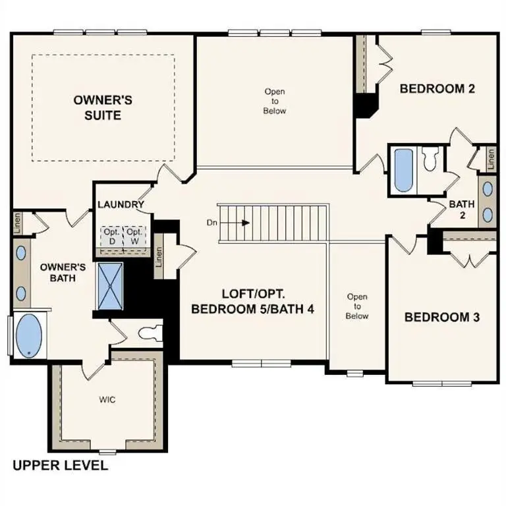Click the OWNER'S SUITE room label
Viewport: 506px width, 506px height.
click(x=103, y=107)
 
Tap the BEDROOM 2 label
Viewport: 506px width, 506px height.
click(x=437, y=89)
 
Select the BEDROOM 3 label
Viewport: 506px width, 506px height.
click(x=441, y=317)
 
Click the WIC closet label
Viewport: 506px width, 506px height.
click(x=107, y=400)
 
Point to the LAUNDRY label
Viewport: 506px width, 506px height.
click(x=121, y=204)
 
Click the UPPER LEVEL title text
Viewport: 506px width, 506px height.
click(x=60, y=466)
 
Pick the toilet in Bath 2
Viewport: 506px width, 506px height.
click(x=431, y=159)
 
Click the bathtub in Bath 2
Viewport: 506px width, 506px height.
click(x=402, y=169)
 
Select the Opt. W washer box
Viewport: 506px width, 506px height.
click(x=134, y=237)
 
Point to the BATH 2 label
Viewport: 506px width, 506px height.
click(x=462, y=209)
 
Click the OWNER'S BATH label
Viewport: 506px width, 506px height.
click(x=63, y=273)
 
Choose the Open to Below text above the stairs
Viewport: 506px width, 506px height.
click(x=275, y=101)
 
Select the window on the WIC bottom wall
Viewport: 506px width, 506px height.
click(x=107, y=451)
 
